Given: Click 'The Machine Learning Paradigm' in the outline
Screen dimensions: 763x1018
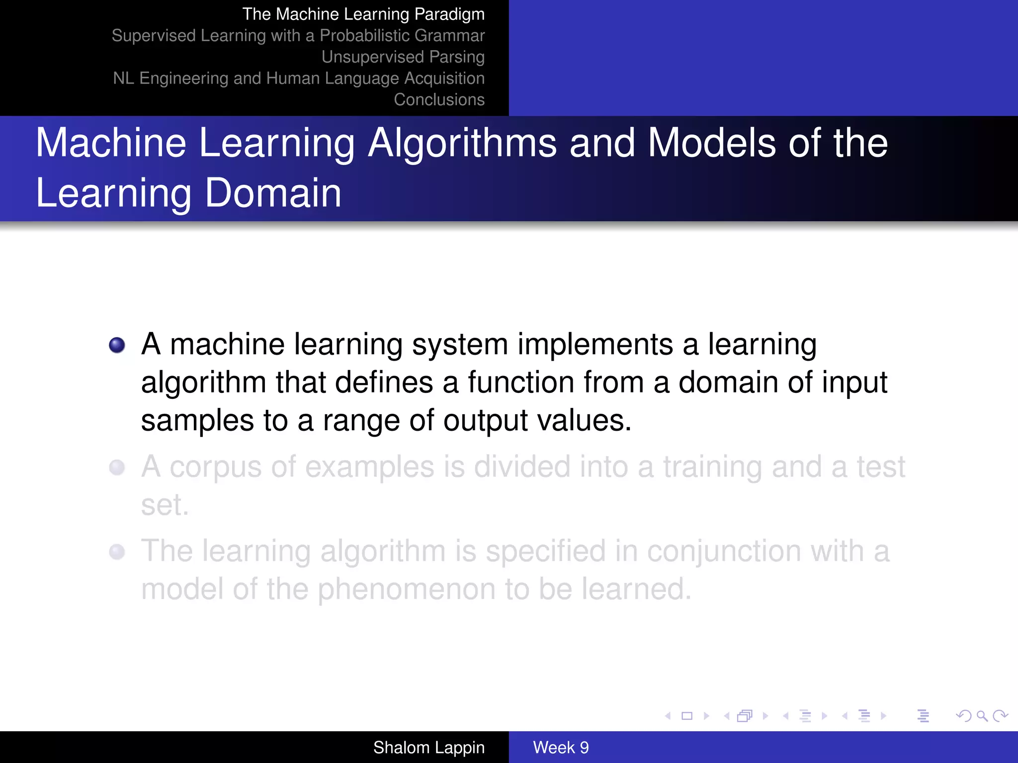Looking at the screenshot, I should coord(363,14).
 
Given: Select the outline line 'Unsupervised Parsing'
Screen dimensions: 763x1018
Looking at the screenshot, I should coord(403,57).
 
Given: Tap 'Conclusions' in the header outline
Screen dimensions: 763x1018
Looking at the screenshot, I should coord(439,100).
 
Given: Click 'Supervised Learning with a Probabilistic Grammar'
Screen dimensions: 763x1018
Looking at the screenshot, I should coord(298,36).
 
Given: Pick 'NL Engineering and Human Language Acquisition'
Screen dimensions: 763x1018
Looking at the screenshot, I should coord(299,78).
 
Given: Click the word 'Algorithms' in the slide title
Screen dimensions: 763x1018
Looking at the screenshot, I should coord(462,144).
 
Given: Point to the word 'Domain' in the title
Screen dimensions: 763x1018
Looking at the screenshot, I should coord(273,193).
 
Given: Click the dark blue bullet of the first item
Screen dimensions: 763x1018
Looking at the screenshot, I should coord(117,345).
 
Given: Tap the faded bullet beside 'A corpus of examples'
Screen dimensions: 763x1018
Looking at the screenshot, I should coord(117,467).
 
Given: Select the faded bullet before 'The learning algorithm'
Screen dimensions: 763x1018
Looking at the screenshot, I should coord(117,552).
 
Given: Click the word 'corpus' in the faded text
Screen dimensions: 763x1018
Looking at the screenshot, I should coord(215,468).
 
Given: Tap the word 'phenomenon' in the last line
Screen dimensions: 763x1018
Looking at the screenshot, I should coord(406,590).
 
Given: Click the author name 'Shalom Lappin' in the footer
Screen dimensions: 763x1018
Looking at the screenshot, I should coord(428,748).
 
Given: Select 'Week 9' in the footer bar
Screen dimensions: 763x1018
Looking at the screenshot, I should coord(561,748).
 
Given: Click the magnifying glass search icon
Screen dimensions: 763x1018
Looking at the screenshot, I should coord(982,716).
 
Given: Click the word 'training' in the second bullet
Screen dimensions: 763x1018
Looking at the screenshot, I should coord(712,468).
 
